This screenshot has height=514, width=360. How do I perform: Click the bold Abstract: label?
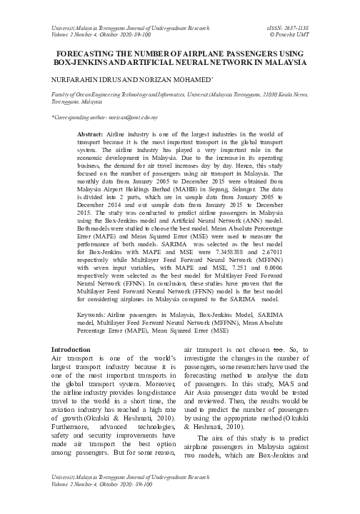coord(89,135)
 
